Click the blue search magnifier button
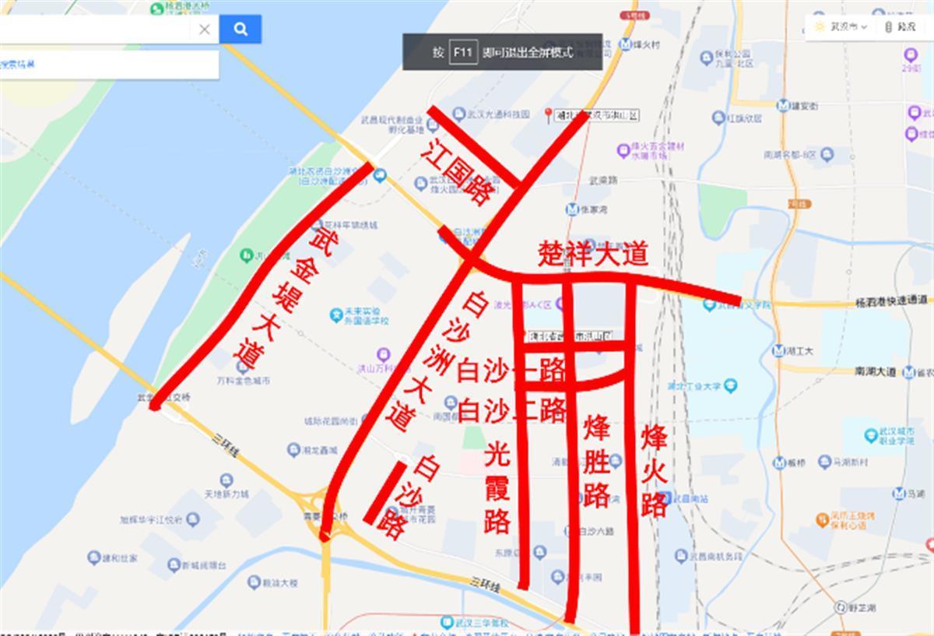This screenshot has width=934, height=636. pos(240,30)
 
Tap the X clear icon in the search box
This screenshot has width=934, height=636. pos(204,30)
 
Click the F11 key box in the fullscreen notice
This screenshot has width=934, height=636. pos(464,52)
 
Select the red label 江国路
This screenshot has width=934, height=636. pos(455,173)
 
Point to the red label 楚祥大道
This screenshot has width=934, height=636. pos(593,255)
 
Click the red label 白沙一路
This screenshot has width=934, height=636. pos(511,371)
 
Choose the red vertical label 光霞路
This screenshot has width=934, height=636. pos(497,488)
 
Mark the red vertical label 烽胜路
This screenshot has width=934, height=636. pos(597,461)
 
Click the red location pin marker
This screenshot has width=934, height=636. pos(548,114)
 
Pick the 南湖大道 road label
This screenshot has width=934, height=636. pos(874,372)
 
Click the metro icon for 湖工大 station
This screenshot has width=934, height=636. pos(778,351)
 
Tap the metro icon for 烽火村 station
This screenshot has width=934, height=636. pos(625,44)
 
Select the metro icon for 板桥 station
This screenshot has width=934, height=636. pos(779,463)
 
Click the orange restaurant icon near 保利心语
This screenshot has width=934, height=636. pos(822,518)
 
